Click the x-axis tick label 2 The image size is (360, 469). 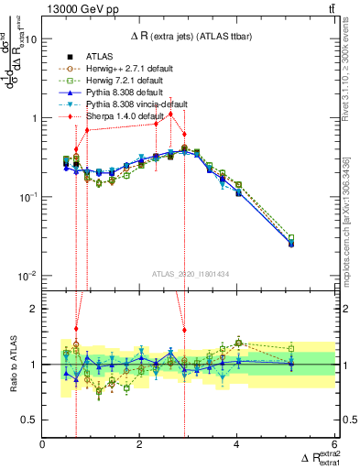[140, 444]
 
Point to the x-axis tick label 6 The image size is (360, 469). [335, 444]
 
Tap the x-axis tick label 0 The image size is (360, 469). [43, 444]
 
